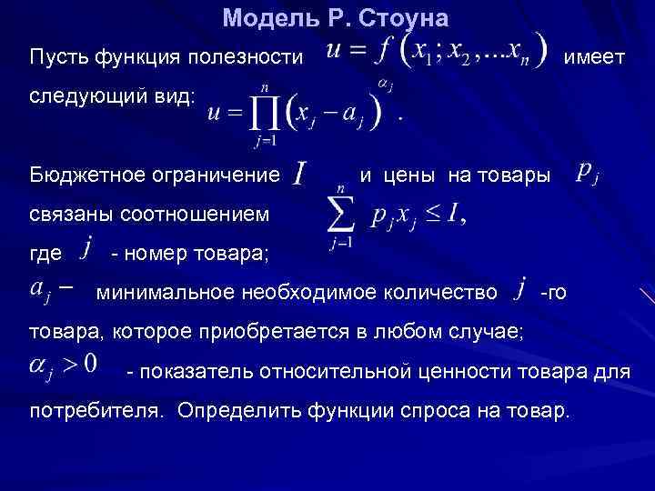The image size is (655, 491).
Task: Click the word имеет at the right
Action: pos(594,56)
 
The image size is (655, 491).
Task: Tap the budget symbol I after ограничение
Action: pos(300,174)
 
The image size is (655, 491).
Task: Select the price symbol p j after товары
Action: pos(587,173)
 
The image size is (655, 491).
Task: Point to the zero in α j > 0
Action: pos(90,366)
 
